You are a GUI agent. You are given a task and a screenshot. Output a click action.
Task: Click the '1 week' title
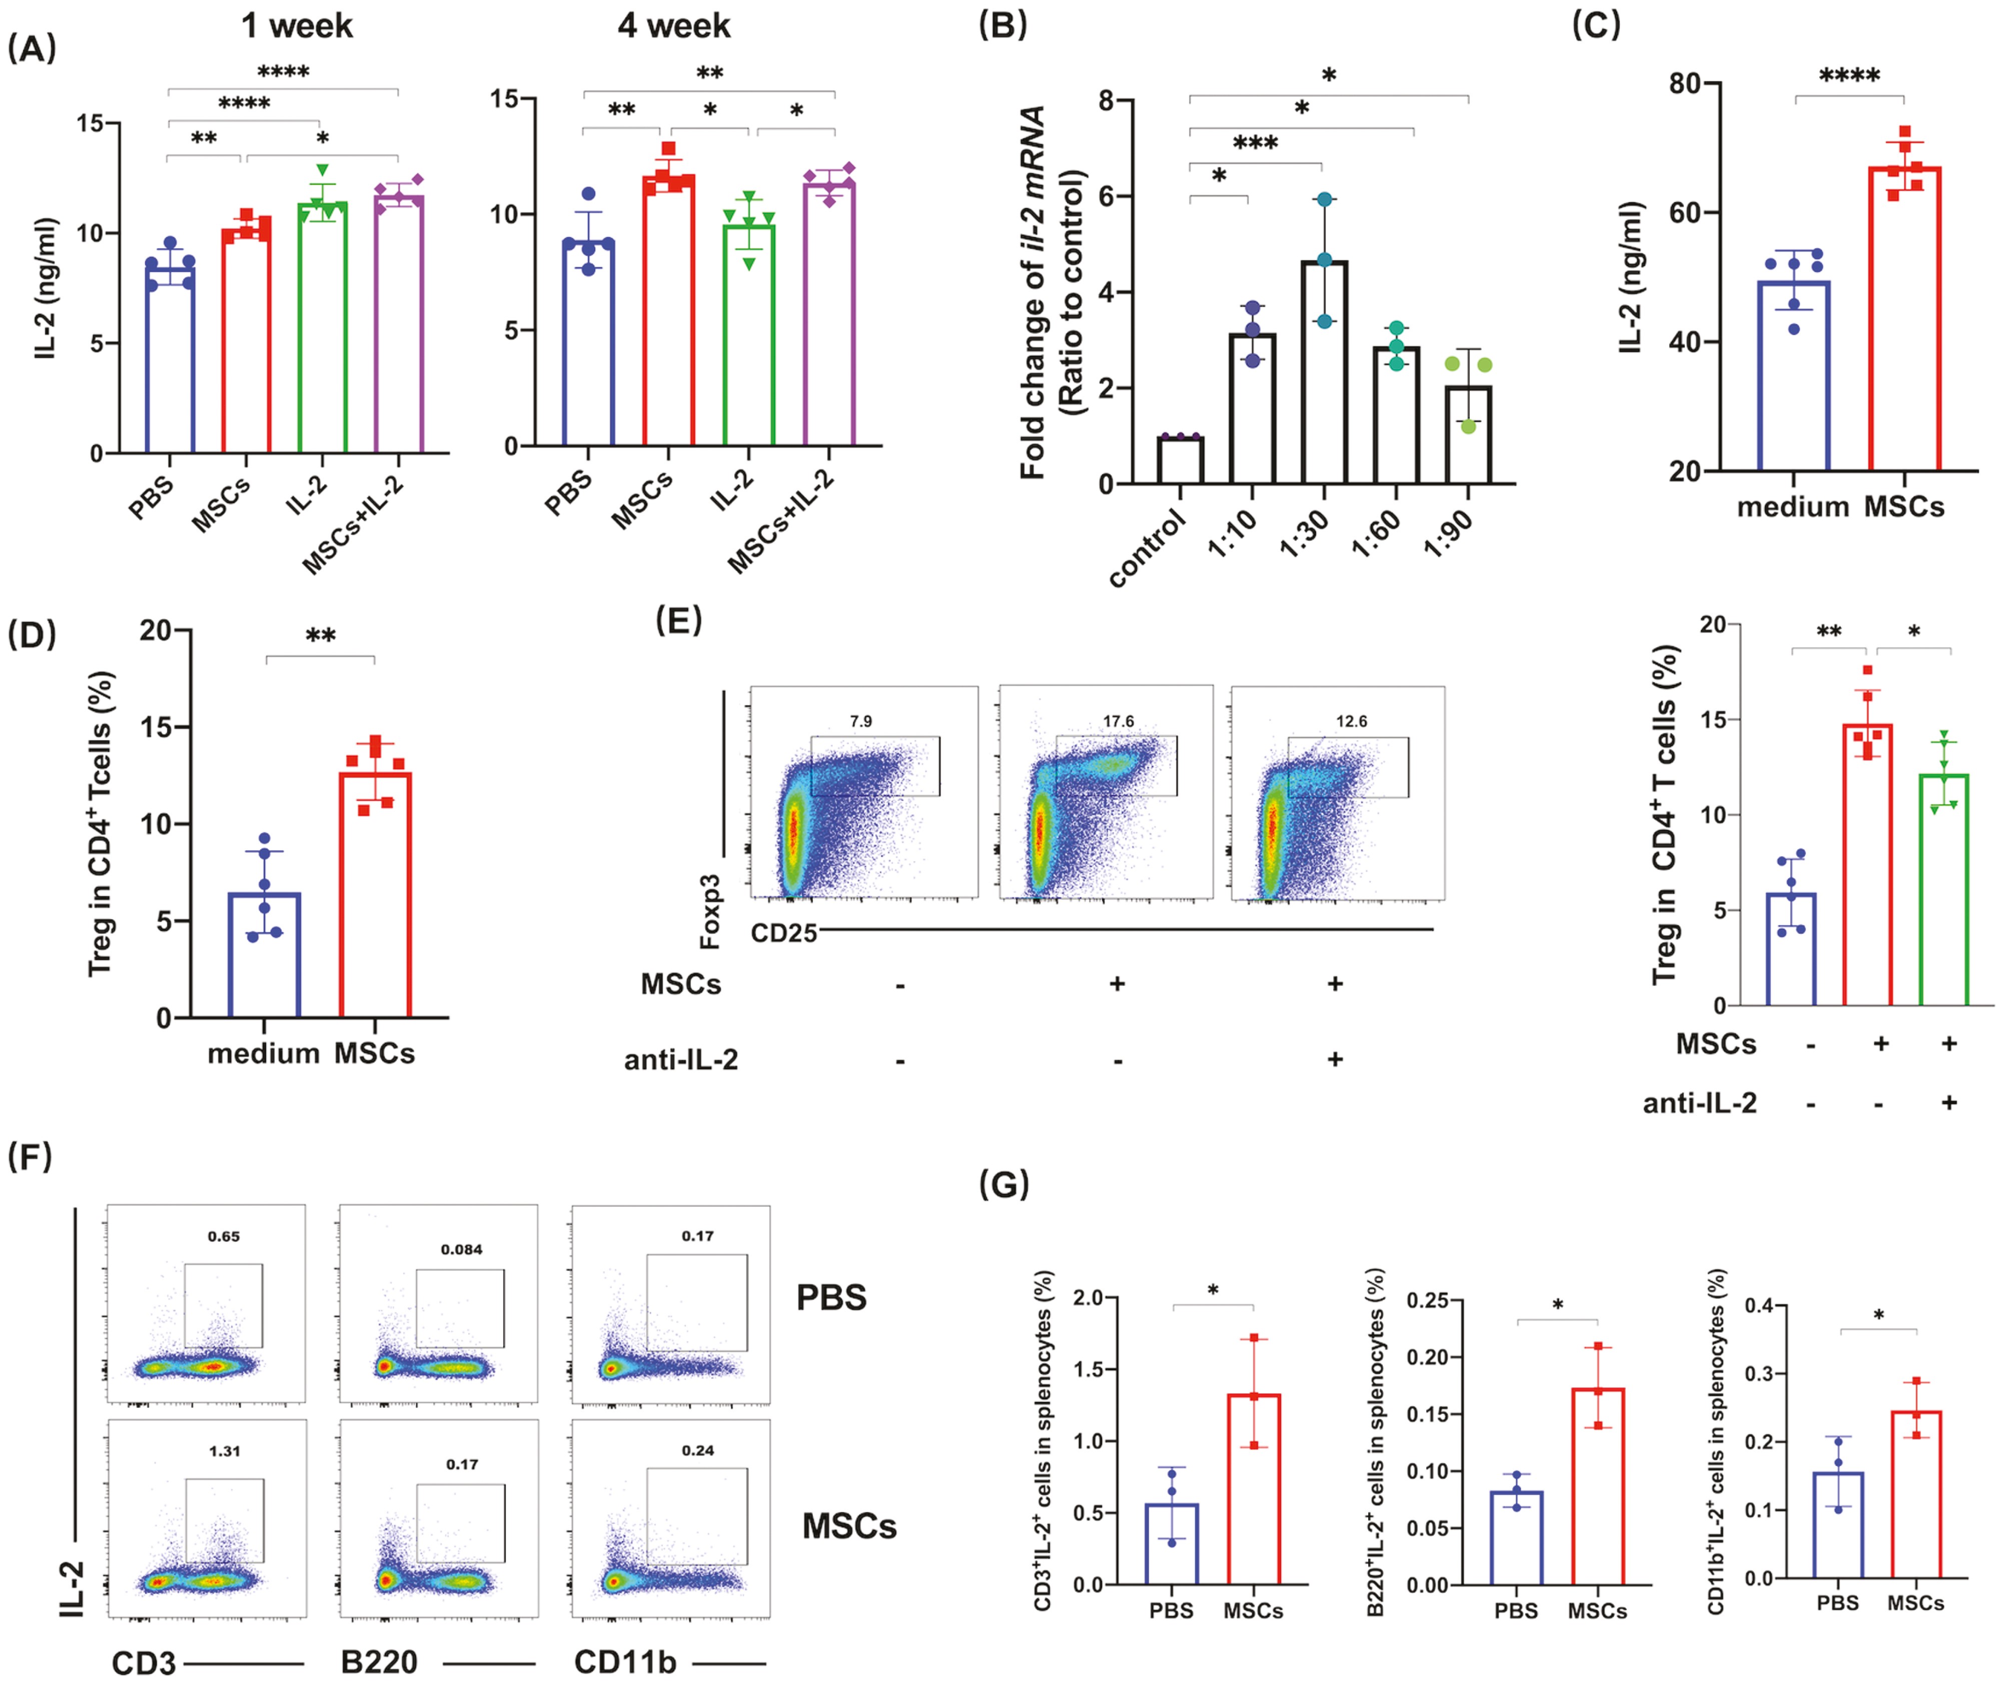tap(297, 26)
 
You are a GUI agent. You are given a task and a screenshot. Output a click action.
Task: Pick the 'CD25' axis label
tap(784, 933)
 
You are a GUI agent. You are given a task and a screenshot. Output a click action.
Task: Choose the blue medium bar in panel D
tap(265, 955)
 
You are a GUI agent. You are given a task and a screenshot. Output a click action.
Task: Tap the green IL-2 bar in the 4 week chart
tap(748, 334)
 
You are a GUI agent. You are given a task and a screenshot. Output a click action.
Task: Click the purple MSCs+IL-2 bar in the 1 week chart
tap(398, 325)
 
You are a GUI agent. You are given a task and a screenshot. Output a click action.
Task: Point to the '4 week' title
tap(674, 26)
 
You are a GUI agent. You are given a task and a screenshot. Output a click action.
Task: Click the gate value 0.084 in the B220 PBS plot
tap(461, 1250)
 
